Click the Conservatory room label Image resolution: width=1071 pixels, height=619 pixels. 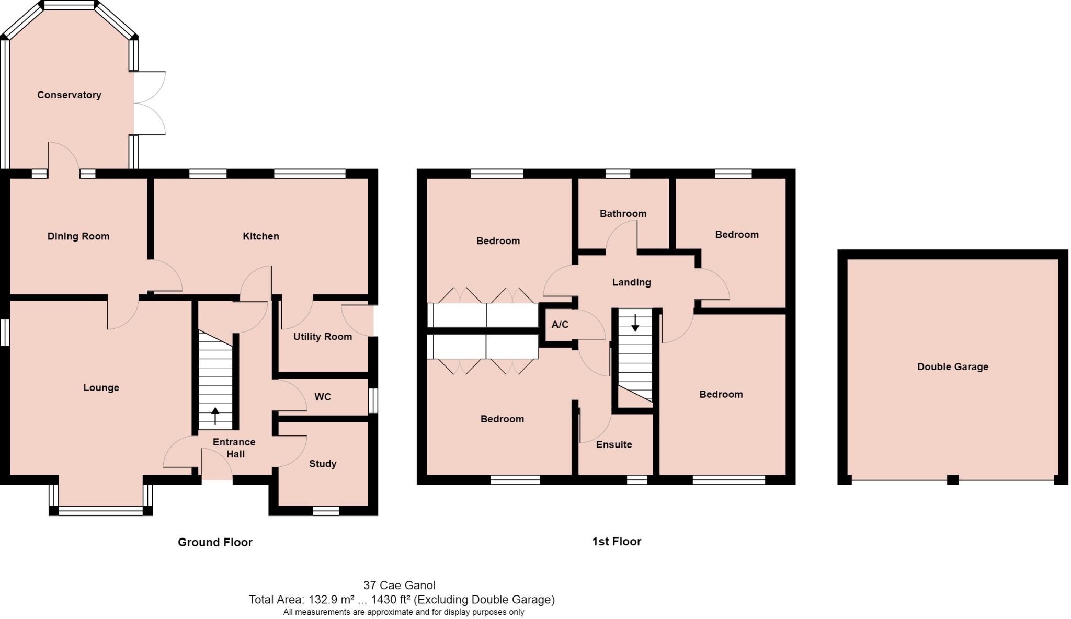point(69,95)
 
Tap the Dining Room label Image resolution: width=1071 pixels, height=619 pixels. point(78,236)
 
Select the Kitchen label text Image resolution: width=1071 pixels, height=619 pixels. point(260,236)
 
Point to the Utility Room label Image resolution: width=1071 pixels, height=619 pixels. point(322,337)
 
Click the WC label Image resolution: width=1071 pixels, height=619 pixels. point(323,397)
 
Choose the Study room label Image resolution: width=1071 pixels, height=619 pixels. point(322,464)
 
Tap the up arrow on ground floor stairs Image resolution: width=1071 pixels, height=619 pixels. point(215,416)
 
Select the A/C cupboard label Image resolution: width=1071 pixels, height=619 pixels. point(560,325)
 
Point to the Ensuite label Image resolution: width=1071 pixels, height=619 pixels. point(614,445)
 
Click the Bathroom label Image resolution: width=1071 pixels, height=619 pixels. point(623,214)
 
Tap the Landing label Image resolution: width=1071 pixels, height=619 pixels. point(631,282)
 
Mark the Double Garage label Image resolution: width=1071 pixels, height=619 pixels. point(952,367)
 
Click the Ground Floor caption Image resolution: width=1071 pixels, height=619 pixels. point(215,542)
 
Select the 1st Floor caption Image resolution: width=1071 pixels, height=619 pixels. point(616,542)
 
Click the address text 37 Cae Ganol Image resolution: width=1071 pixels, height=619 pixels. point(399,586)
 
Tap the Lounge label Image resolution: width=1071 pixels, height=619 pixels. point(101,388)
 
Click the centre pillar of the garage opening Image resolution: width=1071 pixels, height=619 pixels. point(952,479)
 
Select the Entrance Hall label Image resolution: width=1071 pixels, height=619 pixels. point(234,448)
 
